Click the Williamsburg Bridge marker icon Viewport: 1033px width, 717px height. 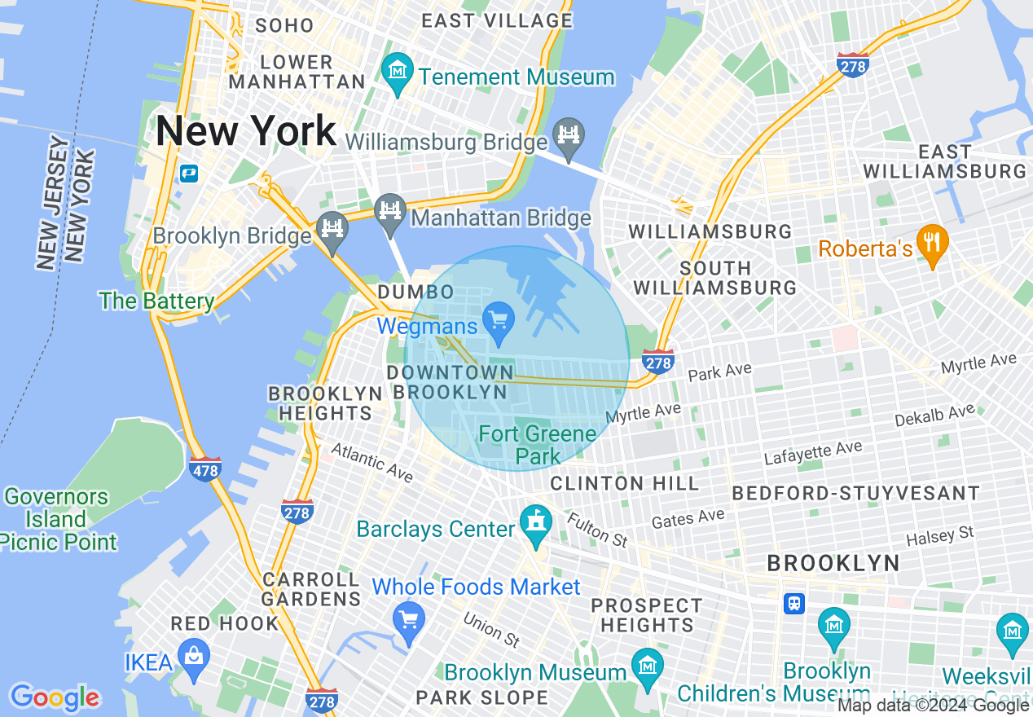(x=569, y=136)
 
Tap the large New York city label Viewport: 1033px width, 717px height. (x=246, y=131)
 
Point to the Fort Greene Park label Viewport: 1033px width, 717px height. (x=538, y=445)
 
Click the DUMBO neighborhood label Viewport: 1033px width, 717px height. (x=415, y=293)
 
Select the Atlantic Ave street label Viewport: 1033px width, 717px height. (x=371, y=462)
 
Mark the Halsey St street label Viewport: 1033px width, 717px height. (x=940, y=537)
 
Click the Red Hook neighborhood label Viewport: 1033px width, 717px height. (x=225, y=624)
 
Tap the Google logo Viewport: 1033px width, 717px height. (x=55, y=697)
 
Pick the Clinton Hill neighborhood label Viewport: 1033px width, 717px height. (x=624, y=483)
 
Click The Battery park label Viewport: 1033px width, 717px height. (x=156, y=301)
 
